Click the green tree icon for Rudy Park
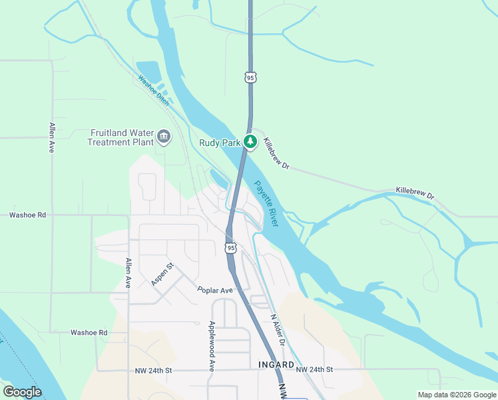pos(250,141)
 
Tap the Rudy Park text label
pos(220,142)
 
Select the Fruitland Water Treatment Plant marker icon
pos(164,138)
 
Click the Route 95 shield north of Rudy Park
pos(250,78)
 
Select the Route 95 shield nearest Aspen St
pos(230,248)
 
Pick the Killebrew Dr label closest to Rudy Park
pos(276,154)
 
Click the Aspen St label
pos(162,275)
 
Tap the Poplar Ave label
pos(214,291)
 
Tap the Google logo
pos(22,392)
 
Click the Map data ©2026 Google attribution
pos(457,395)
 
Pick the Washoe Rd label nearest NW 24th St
pos(89,332)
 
